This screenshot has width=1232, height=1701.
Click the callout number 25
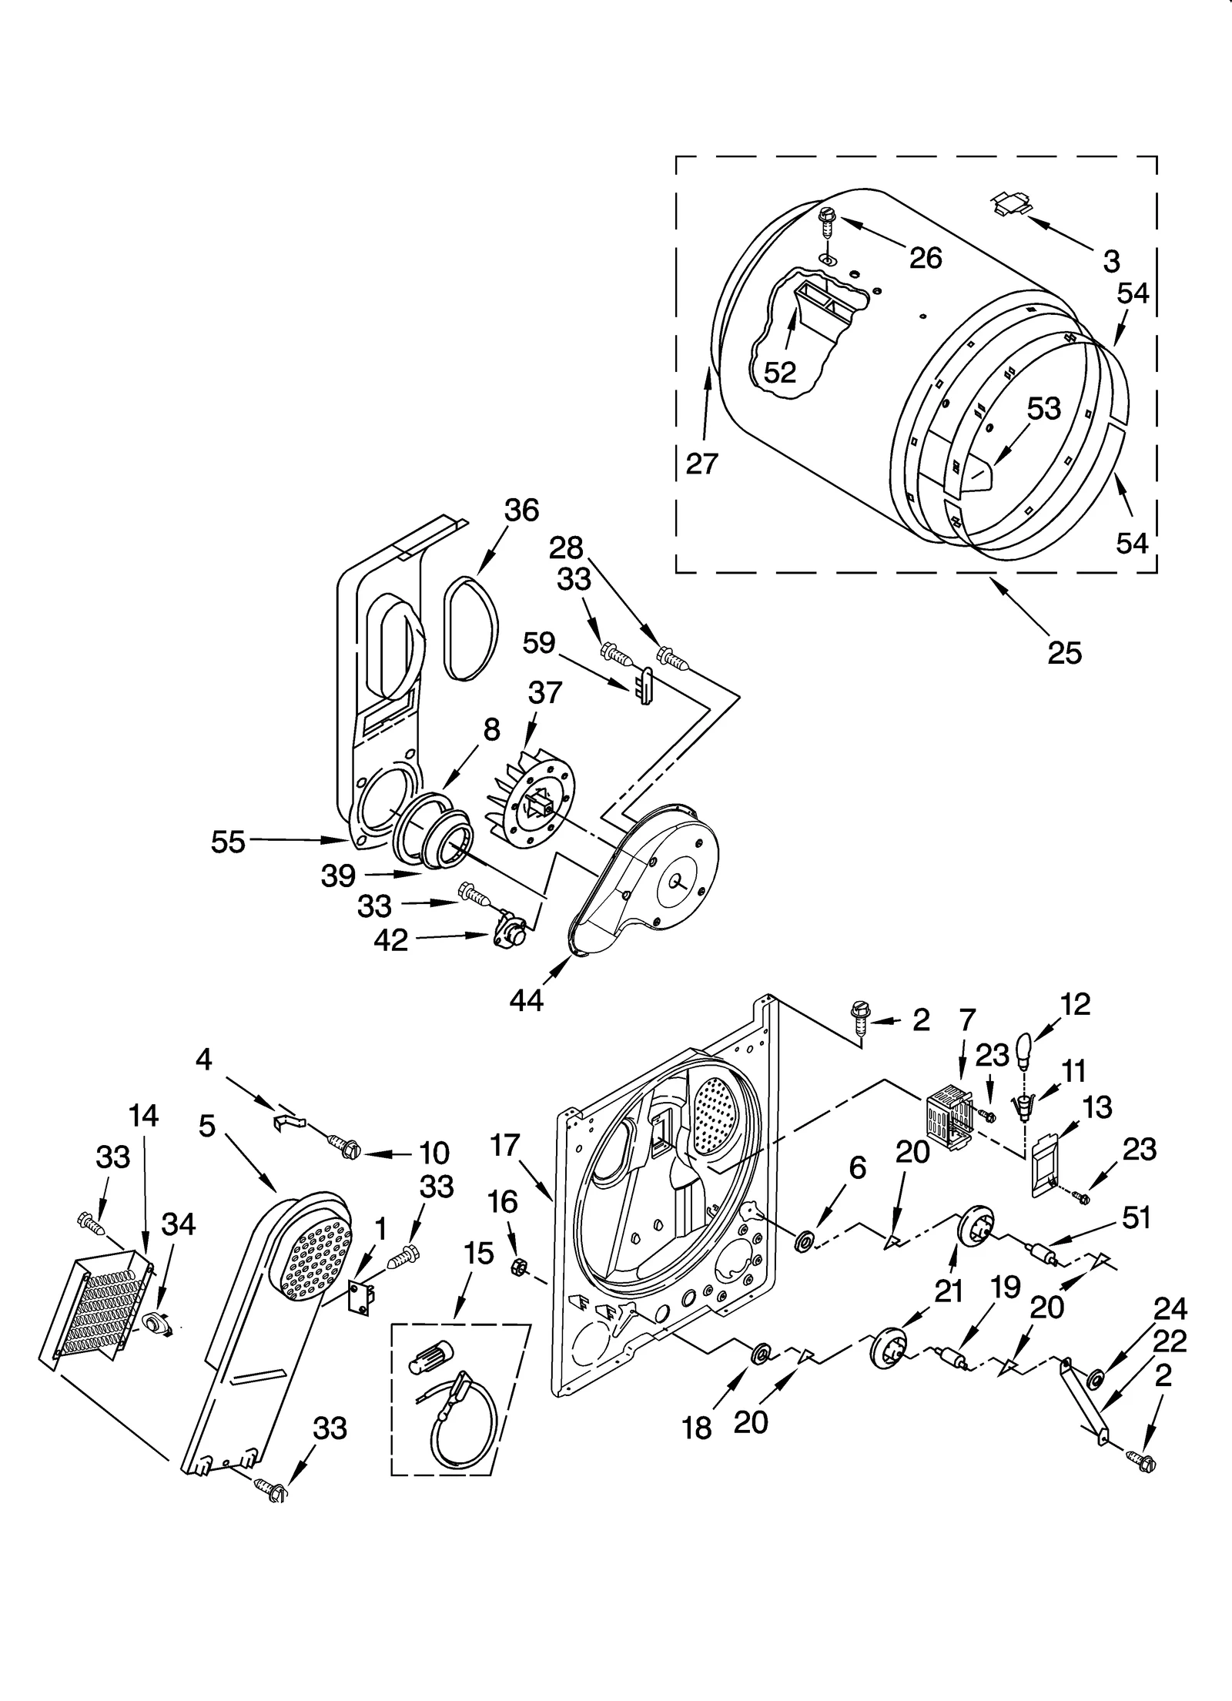(x=1064, y=653)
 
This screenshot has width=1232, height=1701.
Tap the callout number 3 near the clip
(x=1111, y=262)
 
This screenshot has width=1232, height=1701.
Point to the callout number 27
(x=701, y=464)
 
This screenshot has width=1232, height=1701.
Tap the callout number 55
(x=228, y=842)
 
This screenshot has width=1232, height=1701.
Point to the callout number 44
(x=526, y=1000)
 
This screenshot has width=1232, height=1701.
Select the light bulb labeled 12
(x=1025, y=1053)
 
